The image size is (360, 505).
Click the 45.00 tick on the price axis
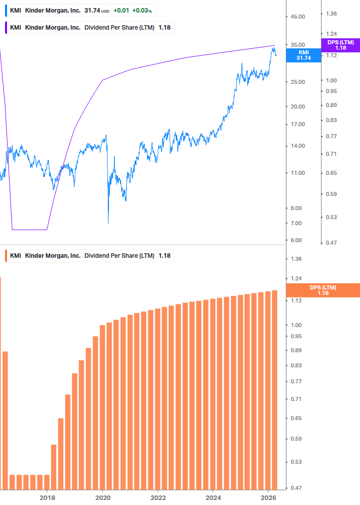pos(298,17)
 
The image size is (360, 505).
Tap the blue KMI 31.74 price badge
pos(304,55)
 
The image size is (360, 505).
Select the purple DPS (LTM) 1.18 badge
pos(340,45)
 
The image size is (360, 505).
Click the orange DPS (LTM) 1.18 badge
pos(323,290)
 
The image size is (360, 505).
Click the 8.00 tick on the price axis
pos(296,208)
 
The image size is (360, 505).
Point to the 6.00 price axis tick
pos(296,240)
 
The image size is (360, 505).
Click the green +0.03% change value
pos(143,11)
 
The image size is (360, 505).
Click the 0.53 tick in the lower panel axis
pos(296,461)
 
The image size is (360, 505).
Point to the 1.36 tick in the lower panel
pos(296,259)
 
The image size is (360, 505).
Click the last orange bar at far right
pos(275,389)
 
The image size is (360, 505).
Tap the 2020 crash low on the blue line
pos(108,223)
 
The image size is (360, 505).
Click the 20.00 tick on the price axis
pos(298,107)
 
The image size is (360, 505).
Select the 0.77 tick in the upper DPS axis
pos(331,136)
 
